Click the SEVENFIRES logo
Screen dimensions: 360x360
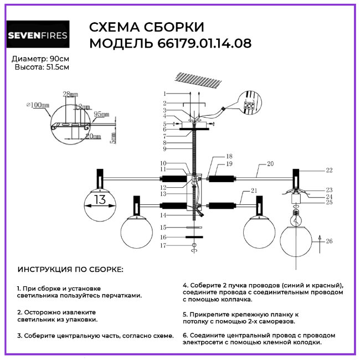pyautogui.click(x=37, y=37)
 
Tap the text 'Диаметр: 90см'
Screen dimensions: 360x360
pyautogui.click(x=40, y=59)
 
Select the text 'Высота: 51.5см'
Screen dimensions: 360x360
pyautogui.click(x=42, y=67)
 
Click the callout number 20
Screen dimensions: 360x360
pyautogui.click(x=270, y=164)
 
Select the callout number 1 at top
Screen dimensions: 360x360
pyautogui.click(x=164, y=93)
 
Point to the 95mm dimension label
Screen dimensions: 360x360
pyautogui.click(x=101, y=114)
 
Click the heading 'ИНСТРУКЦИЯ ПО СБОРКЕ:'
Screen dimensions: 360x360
pyautogui.click(x=71, y=270)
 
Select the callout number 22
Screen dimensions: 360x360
pyautogui.click(x=329, y=170)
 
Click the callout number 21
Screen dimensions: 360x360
pyautogui.click(x=254, y=191)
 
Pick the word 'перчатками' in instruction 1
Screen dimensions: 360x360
pyautogui.click(x=120, y=296)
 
